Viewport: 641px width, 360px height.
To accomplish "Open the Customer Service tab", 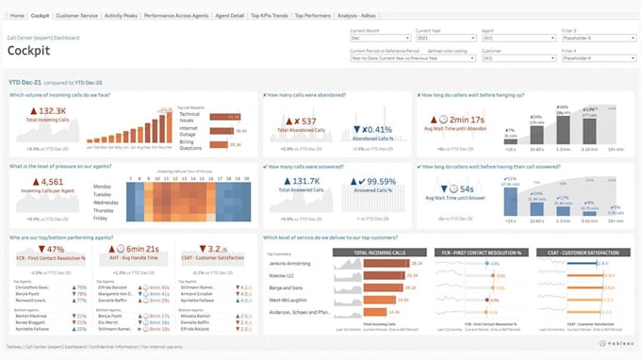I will tap(77, 16).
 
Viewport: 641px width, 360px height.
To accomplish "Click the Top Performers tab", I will tap(312, 16).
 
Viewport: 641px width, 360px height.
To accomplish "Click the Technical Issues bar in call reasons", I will tap(226, 115).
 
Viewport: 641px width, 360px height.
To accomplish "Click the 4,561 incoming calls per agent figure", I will tap(48, 182).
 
